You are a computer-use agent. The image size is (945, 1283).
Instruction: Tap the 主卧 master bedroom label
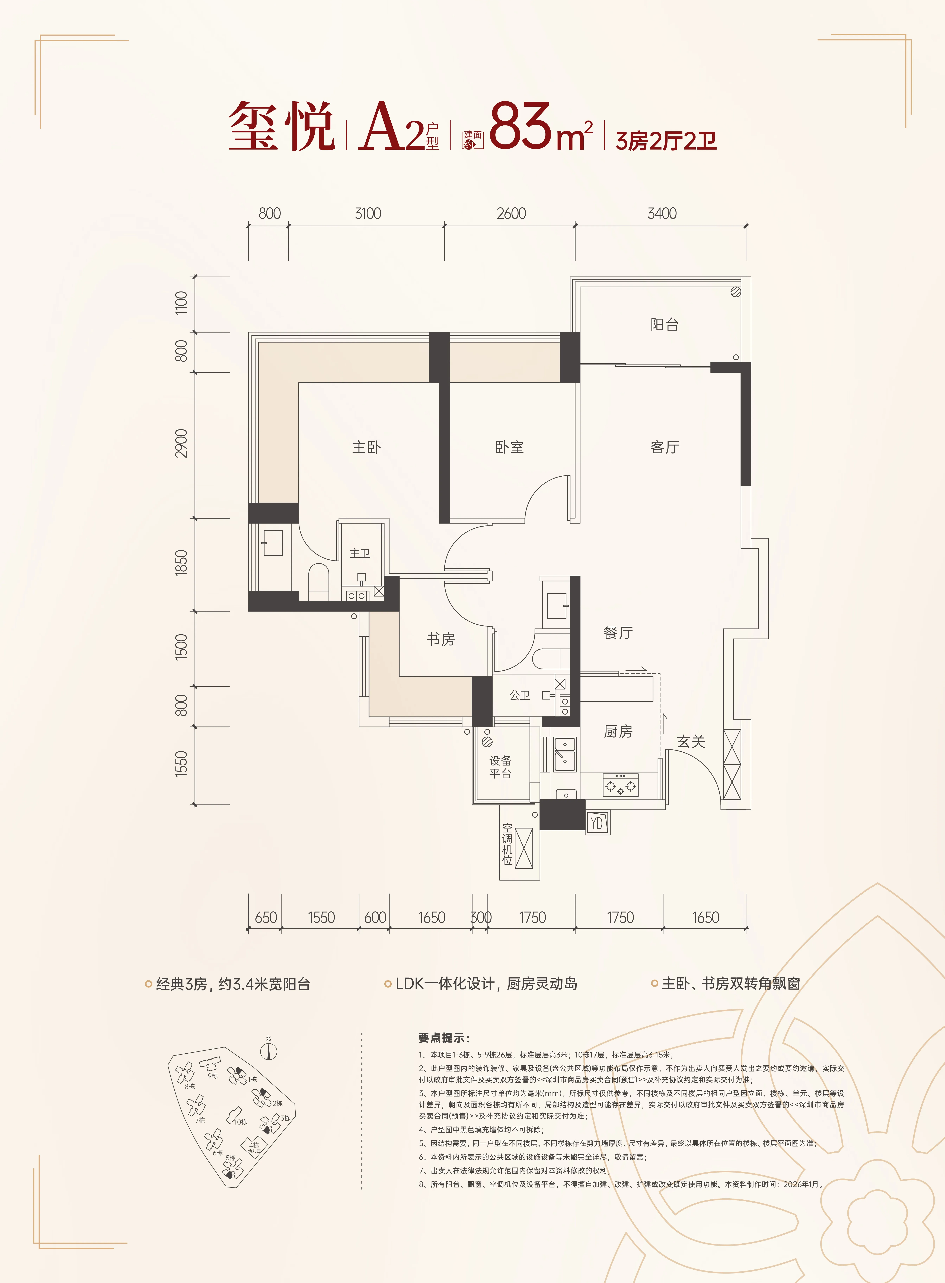pos(366,447)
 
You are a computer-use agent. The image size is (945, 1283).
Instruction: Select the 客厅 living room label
pos(665,447)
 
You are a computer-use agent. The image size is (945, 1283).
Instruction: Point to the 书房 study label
pos(440,639)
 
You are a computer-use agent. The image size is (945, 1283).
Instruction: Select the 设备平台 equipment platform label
pos(500,767)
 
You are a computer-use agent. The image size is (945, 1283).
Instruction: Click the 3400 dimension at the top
pos(662,213)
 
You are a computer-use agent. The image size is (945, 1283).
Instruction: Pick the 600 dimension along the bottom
pos(375,917)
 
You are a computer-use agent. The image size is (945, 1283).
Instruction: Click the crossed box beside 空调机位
pos(524,848)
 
